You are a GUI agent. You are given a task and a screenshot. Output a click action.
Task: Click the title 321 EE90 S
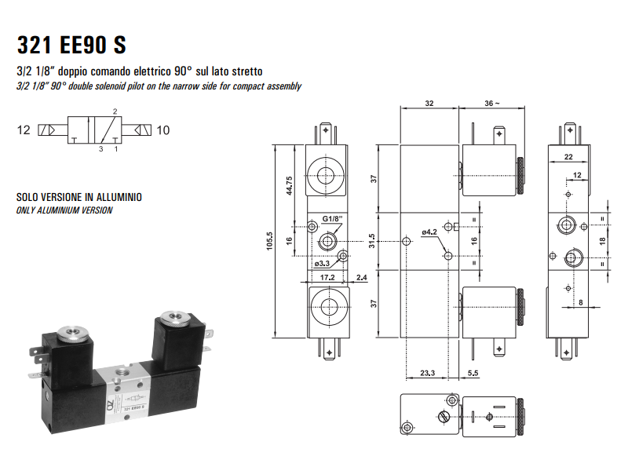coord(71,45)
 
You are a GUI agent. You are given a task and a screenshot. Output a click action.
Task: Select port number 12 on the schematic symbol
coord(24,130)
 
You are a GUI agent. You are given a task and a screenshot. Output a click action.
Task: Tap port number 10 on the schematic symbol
coord(163,130)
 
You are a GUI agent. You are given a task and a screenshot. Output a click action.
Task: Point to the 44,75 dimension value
coord(290,184)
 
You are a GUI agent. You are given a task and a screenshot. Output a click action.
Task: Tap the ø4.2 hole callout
coord(429,232)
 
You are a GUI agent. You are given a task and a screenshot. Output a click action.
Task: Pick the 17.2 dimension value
coord(327,277)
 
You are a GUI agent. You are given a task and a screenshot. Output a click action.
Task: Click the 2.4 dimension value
coord(361,277)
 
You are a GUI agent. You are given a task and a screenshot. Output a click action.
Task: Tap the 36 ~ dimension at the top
coord(491,104)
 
